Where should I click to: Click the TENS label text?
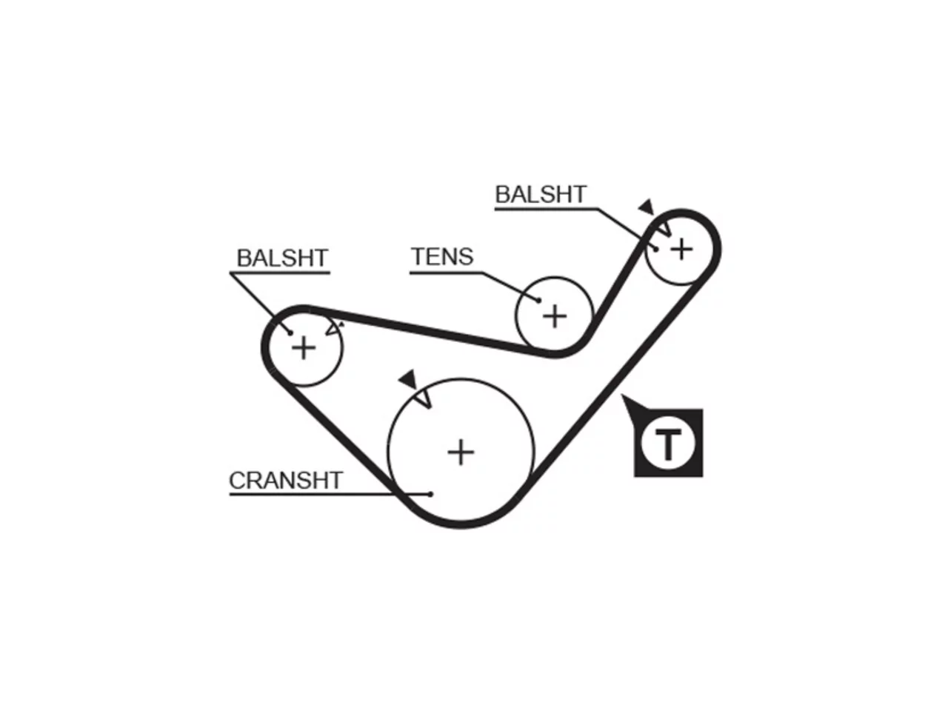click(442, 256)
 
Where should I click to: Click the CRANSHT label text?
click(285, 481)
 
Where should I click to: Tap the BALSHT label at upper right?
click(541, 194)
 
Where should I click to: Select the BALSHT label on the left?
click(282, 258)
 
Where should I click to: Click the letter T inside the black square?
click(668, 444)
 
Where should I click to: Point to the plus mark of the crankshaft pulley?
click(461, 453)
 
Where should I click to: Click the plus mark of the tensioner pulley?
click(555, 316)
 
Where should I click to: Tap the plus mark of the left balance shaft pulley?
click(304, 348)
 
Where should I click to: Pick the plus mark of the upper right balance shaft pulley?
click(681, 249)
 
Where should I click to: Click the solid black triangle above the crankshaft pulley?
click(408, 380)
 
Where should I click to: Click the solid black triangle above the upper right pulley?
click(647, 207)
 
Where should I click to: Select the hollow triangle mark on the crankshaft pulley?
click(424, 398)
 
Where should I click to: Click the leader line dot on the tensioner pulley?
click(538, 300)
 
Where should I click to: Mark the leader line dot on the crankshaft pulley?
click(430, 494)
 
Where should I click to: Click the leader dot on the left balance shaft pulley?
click(290, 333)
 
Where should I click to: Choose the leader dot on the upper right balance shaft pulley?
click(655, 249)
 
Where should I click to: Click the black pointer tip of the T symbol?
click(622, 395)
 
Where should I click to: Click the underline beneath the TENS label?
click(446, 273)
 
